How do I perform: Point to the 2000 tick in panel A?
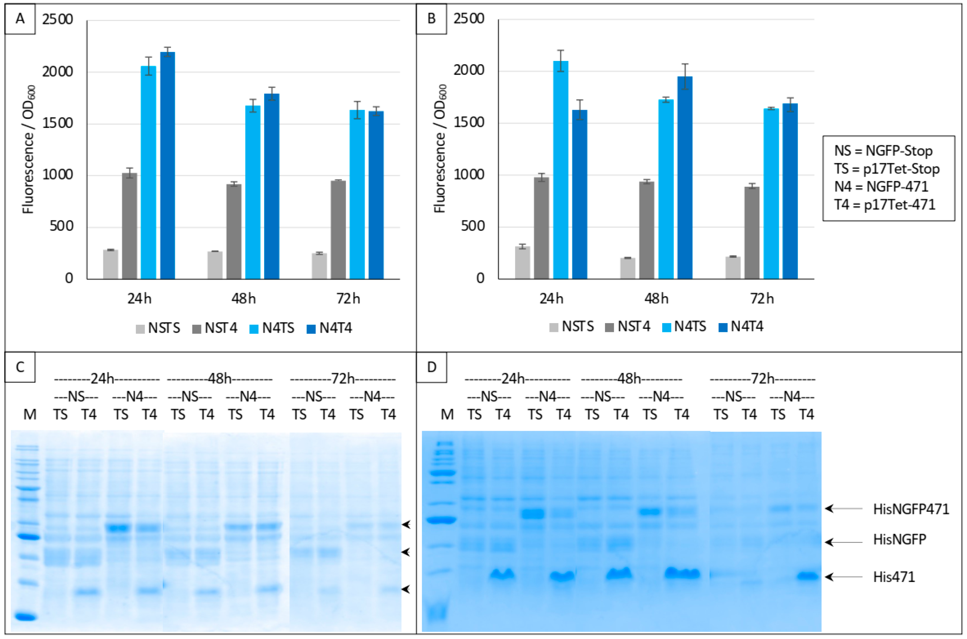click(x=58, y=72)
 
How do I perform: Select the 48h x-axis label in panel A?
click(x=243, y=299)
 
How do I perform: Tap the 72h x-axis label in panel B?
click(x=761, y=299)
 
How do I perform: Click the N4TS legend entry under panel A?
click(x=272, y=328)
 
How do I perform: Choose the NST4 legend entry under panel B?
click(x=627, y=326)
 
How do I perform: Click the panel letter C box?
click(x=20, y=367)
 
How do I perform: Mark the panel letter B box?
click(x=431, y=19)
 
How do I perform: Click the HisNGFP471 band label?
click(x=911, y=509)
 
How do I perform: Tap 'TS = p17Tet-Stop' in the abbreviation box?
click(x=887, y=169)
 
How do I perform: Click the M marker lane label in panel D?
click(x=447, y=414)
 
